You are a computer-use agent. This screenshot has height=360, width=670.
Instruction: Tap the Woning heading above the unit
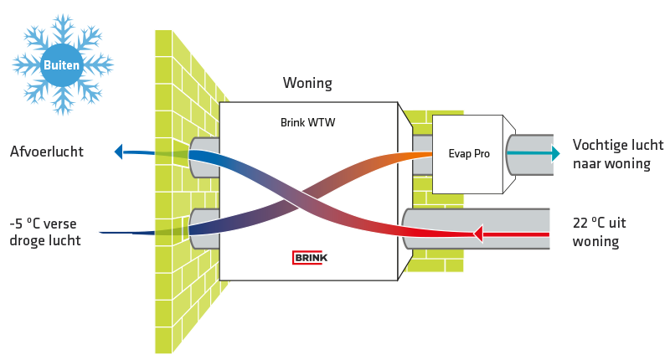[307, 83]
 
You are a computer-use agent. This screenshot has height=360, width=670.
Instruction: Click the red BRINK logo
[310, 257]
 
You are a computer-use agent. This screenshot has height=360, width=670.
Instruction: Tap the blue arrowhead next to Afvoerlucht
[118, 152]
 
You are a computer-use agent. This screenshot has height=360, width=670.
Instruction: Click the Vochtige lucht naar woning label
[611, 154]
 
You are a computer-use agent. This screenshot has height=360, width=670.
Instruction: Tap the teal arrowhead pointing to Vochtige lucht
[554, 152]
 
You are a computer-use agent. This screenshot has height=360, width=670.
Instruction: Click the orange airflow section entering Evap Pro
[410, 156]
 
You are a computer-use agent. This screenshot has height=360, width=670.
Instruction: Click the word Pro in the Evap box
[477, 153]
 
